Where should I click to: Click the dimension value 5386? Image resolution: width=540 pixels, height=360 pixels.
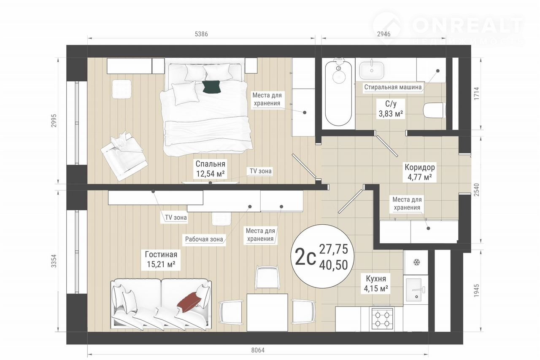[201, 34]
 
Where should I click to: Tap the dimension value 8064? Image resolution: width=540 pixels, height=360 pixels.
[258, 350]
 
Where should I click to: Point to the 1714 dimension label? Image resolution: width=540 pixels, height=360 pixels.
[477, 94]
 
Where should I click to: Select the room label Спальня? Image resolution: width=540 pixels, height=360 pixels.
[210, 164]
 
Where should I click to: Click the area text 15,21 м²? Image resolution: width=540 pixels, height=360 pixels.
[161, 264]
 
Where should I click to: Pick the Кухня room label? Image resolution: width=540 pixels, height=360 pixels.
[376, 279]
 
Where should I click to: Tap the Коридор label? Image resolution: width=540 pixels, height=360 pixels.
[419, 167]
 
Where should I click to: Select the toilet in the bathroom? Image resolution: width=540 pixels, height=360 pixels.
[434, 110]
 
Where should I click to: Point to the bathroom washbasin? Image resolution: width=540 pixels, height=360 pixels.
[372, 70]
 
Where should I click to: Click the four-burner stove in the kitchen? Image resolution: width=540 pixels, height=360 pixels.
[382, 319]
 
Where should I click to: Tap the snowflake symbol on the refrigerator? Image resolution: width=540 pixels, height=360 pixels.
[416, 262]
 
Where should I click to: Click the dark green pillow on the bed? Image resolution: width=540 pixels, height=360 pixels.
[212, 87]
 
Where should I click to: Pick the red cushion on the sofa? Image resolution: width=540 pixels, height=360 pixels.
[189, 302]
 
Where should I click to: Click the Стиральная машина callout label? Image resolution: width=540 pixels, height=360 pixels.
[393, 87]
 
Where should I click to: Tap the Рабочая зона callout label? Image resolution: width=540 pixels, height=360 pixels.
[204, 239]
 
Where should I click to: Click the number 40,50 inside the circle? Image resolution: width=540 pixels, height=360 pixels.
[333, 265]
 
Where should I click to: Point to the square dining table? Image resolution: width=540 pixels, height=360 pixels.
[267, 312]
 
